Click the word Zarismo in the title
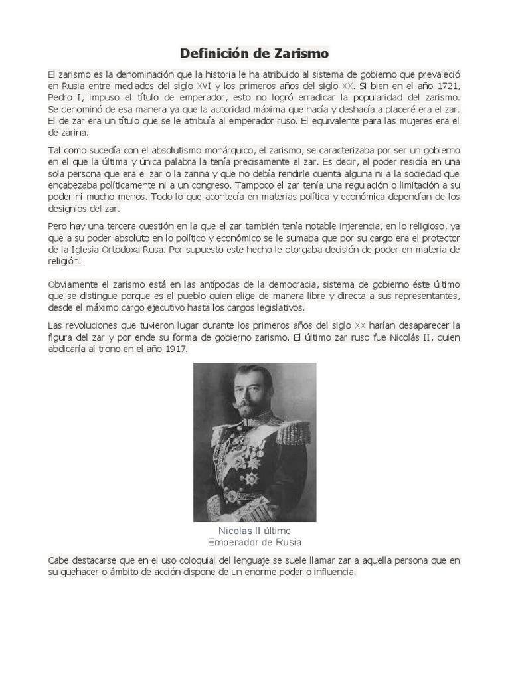pyautogui.click(x=297, y=53)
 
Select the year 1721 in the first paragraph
pyautogui.click(x=448, y=86)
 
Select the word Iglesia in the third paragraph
pyautogui.click(x=87, y=250)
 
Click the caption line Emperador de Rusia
pyautogui.click(x=254, y=542)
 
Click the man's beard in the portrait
pyautogui.click(x=248, y=407)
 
